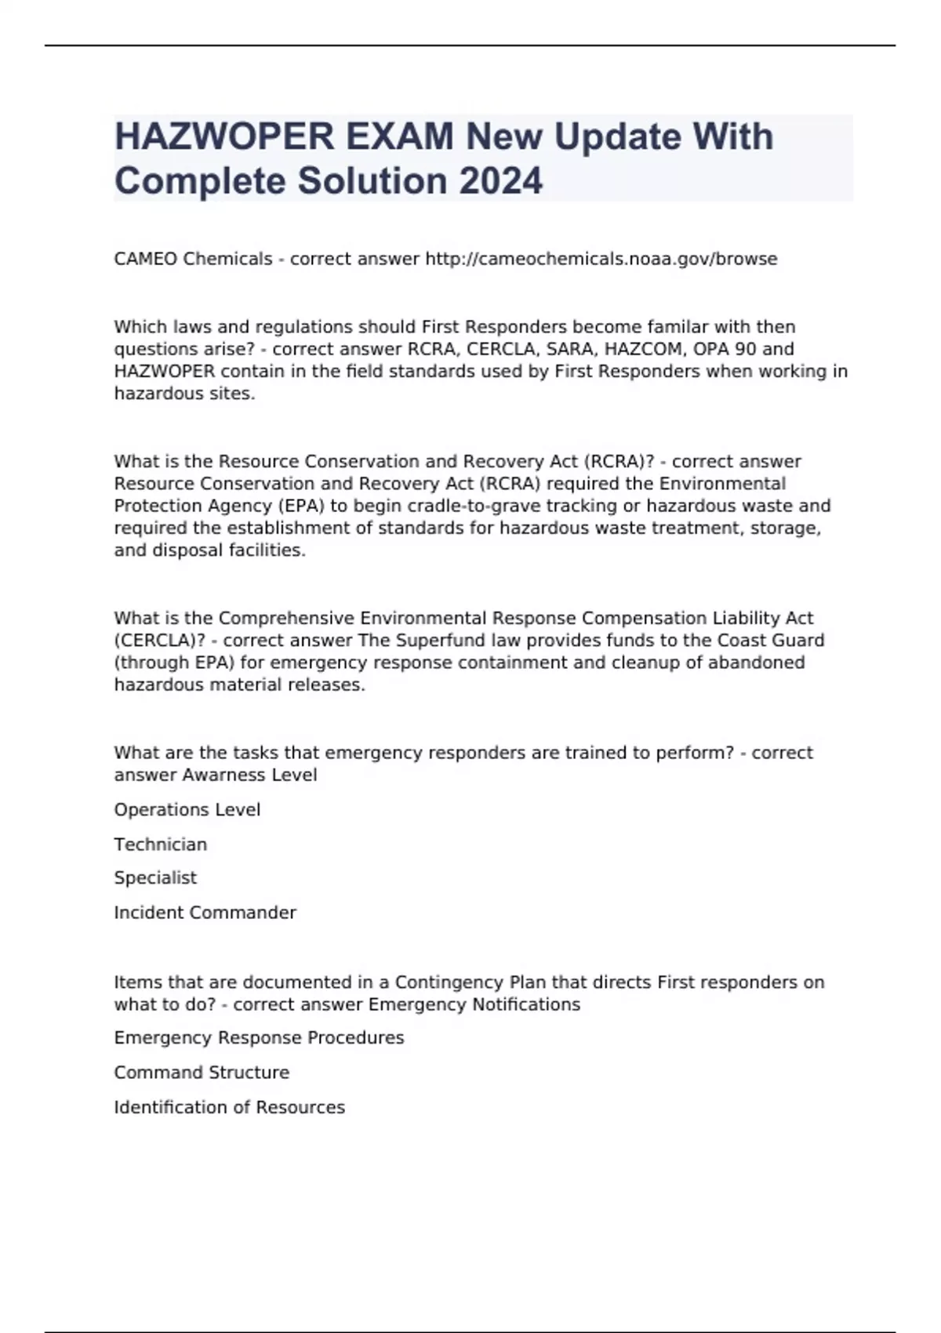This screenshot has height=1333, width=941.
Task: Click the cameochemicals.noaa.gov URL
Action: click(601, 259)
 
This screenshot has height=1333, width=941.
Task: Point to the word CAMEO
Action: click(145, 259)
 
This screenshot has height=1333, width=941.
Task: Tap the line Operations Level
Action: click(187, 809)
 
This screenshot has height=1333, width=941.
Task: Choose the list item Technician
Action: click(160, 844)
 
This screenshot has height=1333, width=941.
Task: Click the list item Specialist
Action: click(155, 877)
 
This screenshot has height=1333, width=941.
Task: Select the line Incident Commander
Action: click(205, 913)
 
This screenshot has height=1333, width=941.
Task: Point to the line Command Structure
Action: click(202, 1072)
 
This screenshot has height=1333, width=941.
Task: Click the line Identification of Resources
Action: click(229, 1107)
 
